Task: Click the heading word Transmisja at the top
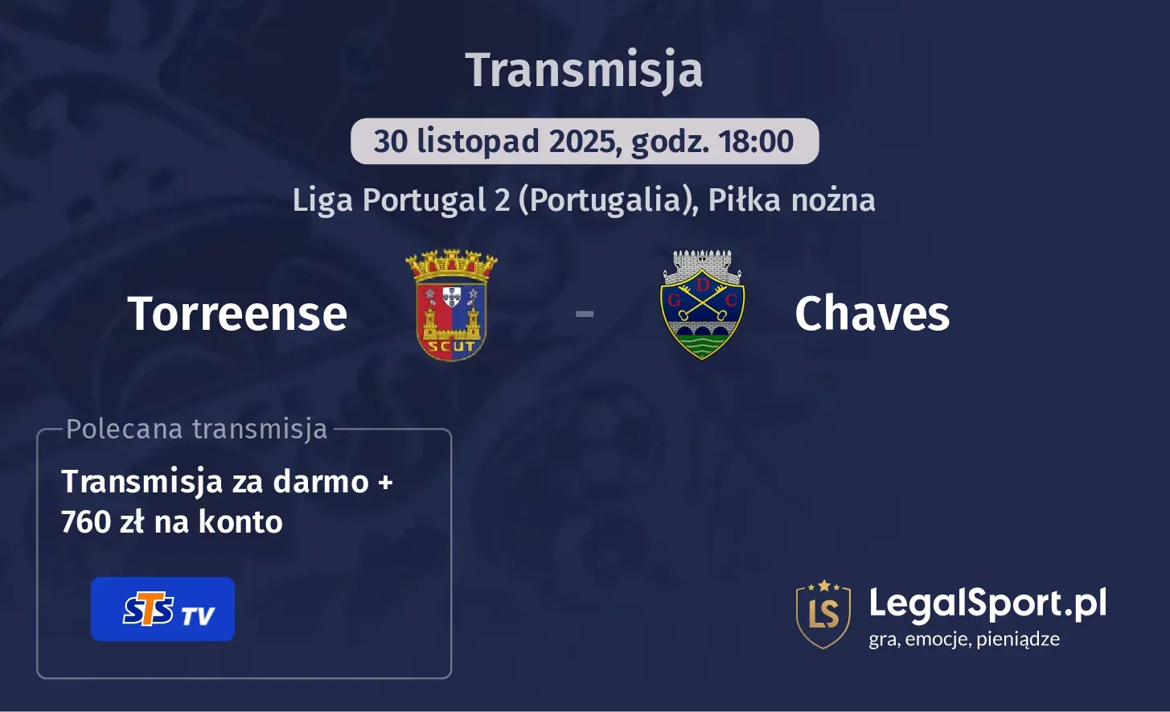click(585, 70)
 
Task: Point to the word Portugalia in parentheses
click(606, 200)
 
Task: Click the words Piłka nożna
click(791, 200)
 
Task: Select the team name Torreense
click(237, 313)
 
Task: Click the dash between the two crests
click(585, 313)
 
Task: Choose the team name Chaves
click(872, 313)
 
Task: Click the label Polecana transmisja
click(197, 430)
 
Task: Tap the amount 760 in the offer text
click(86, 522)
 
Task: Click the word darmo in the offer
click(321, 482)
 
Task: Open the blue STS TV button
click(162, 609)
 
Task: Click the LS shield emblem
click(823, 614)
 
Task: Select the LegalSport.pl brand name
click(987, 603)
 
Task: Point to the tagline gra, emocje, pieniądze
click(964, 640)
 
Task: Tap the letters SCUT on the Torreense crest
click(451, 347)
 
